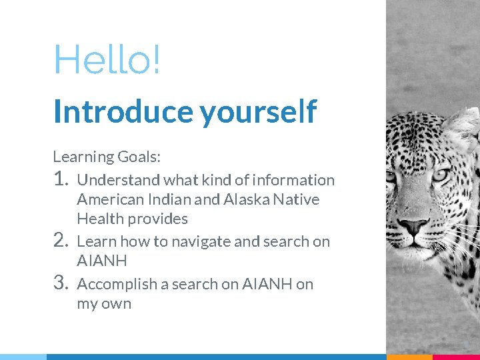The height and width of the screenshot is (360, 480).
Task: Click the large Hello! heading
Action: (107, 60)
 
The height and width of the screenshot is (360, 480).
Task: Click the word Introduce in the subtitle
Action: (124, 111)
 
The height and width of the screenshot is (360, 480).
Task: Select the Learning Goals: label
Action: (107, 157)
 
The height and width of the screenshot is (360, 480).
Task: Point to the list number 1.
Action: (61, 179)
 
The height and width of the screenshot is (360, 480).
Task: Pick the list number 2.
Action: (61, 240)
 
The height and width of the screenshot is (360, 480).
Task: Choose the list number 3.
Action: (61, 283)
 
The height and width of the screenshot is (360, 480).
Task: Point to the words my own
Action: (104, 304)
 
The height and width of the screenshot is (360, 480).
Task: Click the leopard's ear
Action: (464, 127)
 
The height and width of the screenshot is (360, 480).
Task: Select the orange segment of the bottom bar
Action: (409, 357)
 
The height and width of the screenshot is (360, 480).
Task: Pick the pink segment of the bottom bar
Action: (457, 357)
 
